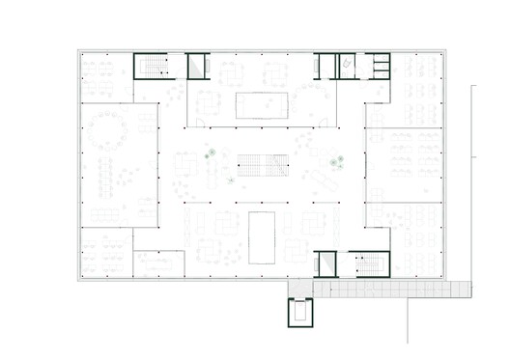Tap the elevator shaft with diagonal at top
[x=197, y=66]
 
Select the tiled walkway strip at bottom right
[x=401, y=288]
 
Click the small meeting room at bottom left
[x=158, y=263]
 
